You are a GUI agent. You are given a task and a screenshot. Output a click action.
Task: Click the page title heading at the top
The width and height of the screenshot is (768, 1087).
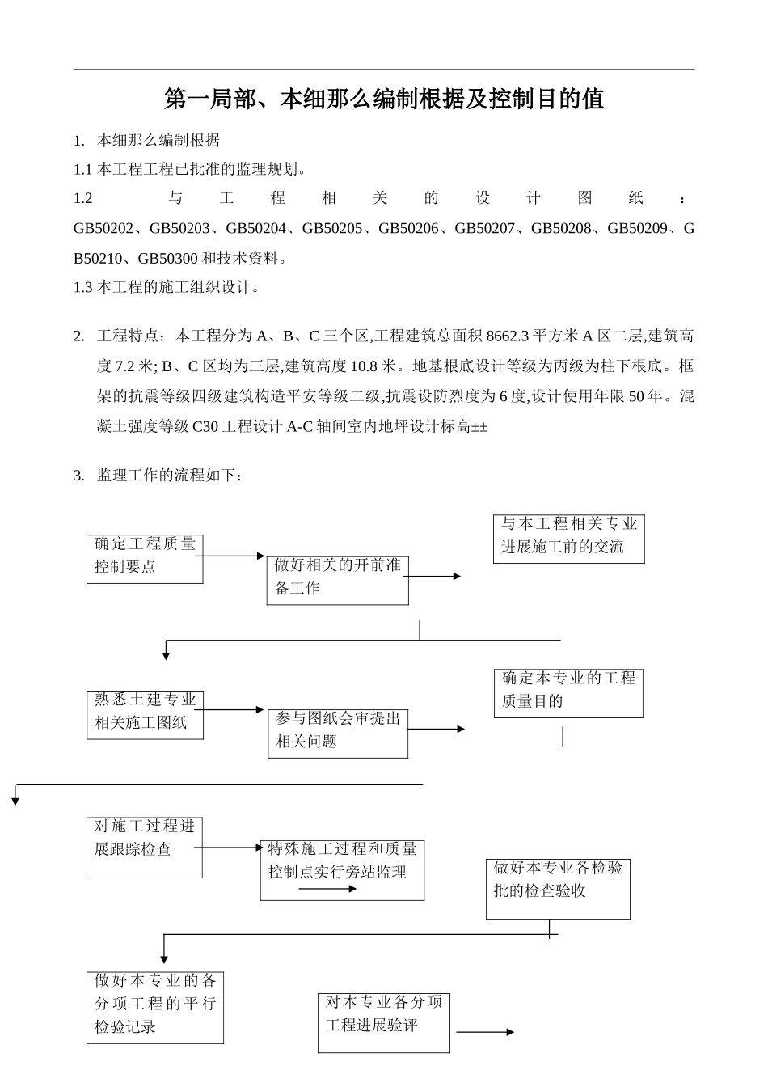click(384, 99)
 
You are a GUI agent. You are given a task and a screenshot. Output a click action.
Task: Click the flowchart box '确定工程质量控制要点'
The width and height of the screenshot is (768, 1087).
click(145, 558)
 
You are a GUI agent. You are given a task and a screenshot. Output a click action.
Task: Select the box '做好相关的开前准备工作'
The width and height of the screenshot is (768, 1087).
click(337, 580)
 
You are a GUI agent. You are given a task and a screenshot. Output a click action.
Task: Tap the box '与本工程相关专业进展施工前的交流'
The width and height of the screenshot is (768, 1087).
click(568, 539)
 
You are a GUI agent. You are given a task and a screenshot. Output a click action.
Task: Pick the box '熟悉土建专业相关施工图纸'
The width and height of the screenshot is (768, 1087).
click(145, 714)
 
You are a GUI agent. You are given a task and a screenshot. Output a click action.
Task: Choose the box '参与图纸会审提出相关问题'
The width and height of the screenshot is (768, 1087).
click(338, 734)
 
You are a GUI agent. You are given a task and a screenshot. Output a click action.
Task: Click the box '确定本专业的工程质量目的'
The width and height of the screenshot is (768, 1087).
click(568, 692)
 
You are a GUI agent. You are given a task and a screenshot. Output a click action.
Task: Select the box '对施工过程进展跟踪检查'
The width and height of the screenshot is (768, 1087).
click(145, 847)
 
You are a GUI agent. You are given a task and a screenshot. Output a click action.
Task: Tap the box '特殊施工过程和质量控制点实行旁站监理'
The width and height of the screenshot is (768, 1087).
click(342, 869)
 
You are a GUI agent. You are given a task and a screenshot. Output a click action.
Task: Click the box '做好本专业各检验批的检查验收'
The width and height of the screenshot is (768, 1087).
click(558, 888)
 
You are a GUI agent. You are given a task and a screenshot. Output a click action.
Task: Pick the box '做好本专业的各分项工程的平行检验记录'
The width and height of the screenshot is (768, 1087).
click(155, 1007)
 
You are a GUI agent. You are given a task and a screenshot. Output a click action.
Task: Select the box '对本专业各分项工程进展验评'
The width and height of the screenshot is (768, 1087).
click(383, 1022)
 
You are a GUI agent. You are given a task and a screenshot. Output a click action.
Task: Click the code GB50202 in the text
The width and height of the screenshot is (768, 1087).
click(103, 229)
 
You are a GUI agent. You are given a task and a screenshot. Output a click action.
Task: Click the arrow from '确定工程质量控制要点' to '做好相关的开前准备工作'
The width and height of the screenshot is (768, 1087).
click(234, 556)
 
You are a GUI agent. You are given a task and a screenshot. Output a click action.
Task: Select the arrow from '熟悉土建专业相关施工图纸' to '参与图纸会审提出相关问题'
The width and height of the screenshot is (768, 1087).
click(234, 710)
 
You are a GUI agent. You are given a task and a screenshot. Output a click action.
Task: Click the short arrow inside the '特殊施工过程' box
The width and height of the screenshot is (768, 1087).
click(327, 889)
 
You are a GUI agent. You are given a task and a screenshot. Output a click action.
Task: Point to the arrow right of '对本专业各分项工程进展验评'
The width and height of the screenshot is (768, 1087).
click(485, 1032)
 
